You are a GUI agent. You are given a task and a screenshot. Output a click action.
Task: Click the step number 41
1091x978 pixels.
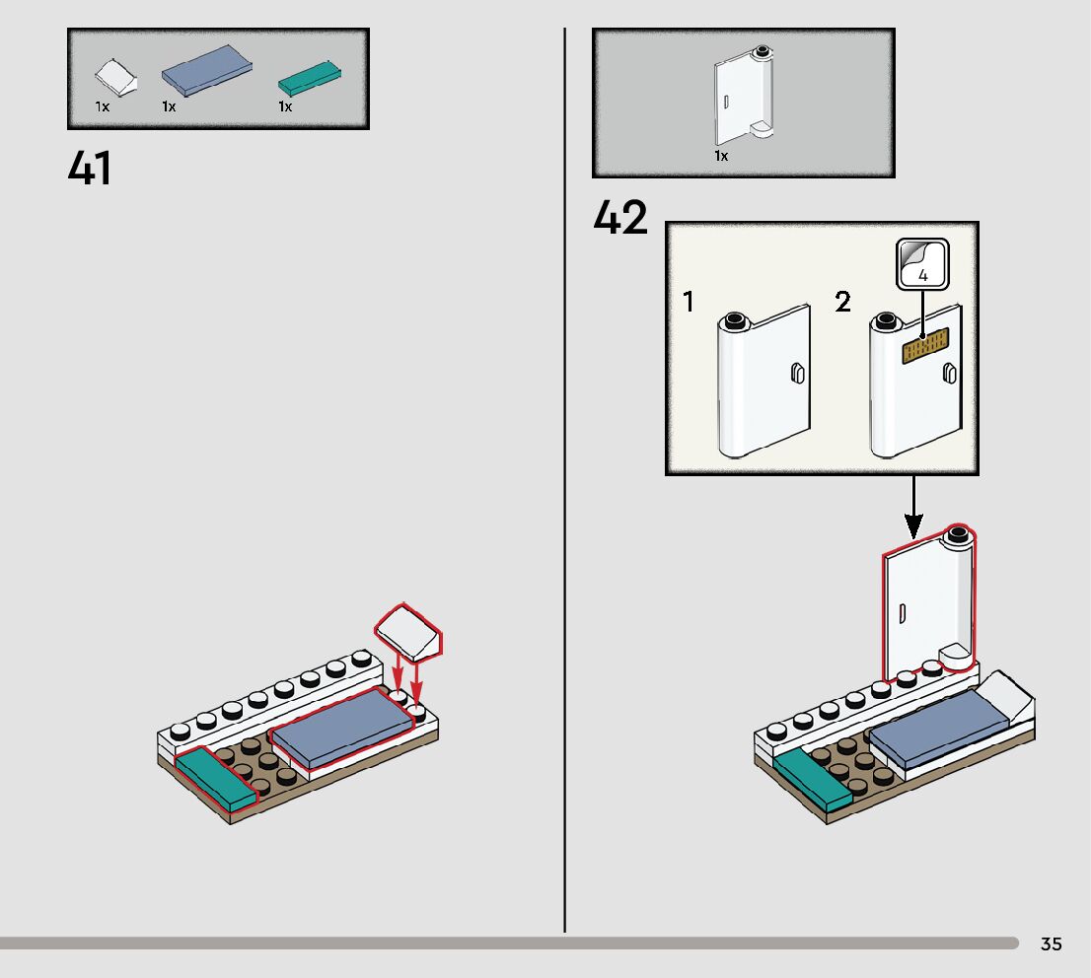[x=90, y=169]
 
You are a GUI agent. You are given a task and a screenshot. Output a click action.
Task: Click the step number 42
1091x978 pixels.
[x=620, y=217]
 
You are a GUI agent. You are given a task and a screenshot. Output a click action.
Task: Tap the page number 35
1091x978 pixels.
[x=1052, y=943]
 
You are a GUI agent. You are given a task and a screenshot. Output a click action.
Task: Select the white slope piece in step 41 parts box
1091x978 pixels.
[x=116, y=77]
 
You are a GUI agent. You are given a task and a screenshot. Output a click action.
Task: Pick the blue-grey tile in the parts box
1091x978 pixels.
[x=206, y=70]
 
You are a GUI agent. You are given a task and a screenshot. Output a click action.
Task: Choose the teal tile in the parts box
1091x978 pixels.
[x=310, y=79]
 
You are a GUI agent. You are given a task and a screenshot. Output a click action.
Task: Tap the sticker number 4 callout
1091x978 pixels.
[x=922, y=263]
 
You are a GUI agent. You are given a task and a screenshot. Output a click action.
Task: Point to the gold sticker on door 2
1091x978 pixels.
[x=925, y=345]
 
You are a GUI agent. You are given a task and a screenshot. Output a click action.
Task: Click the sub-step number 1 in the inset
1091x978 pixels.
[x=689, y=302]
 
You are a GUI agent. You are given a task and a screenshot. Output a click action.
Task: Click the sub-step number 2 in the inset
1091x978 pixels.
[x=842, y=302]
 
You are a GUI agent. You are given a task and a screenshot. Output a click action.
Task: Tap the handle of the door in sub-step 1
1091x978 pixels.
[x=797, y=374]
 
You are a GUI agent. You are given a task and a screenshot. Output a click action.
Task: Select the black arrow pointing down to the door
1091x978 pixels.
[x=913, y=507]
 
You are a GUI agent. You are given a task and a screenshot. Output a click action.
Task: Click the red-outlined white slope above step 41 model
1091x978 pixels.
[x=408, y=632]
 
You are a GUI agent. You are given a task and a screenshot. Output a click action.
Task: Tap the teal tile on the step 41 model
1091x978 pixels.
[x=215, y=779]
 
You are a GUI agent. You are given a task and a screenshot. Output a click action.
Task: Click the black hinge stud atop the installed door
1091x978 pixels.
[x=958, y=534]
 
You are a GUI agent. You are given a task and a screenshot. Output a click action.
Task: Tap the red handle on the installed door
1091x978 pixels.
[x=904, y=613]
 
